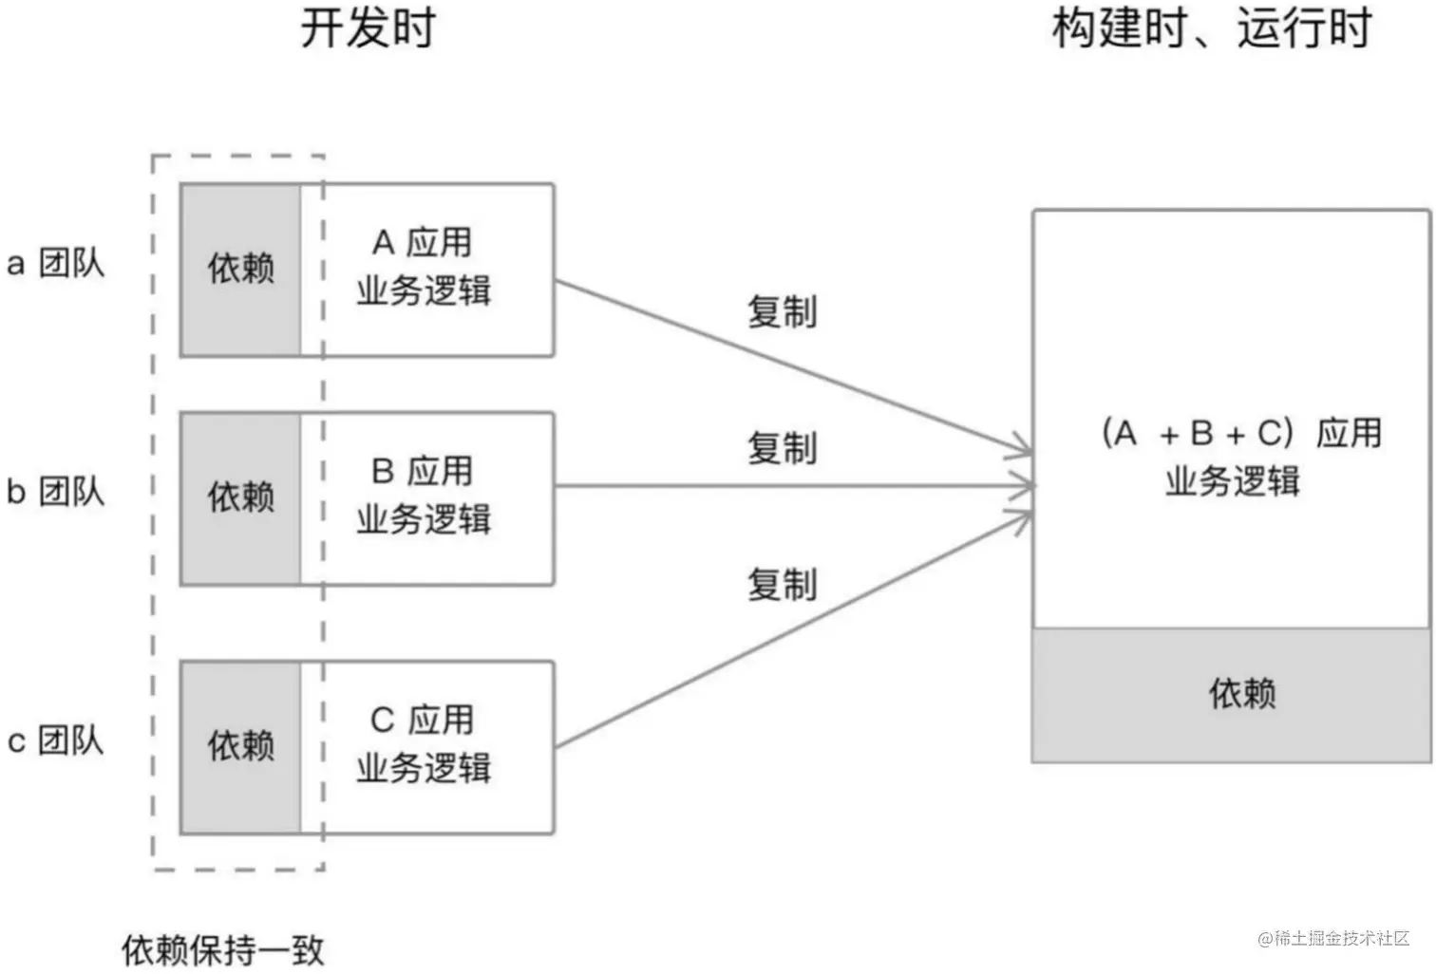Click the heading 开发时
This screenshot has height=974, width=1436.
(x=368, y=28)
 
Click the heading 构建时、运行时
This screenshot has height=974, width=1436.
(x=1211, y=28)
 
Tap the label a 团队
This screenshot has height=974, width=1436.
(x=55, y=263)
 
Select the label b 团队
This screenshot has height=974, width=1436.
(x=55, y=491)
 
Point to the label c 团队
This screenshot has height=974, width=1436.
(x=55, y=740)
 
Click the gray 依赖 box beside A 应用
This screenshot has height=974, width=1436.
(x=240, y=270)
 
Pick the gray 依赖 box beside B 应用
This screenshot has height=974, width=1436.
(x=240, y=497)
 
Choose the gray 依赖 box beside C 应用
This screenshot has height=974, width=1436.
(x=240, y=746)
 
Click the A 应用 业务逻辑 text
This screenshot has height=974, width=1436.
(x=424, y=267)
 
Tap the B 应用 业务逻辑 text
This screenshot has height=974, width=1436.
(x=424, y=495)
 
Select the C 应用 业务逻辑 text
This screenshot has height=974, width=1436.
(x=424, y=743)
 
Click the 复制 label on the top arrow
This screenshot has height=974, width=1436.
(x=782, y=311)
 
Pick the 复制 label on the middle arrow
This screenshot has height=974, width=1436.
(x=782, y=448)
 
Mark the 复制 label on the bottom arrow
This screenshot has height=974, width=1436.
(x=782, y=585)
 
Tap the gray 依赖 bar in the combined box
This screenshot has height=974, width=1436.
(x=1232, y=694)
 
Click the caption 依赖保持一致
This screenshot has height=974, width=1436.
(x=223, y=949)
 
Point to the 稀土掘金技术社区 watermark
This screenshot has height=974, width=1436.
(x=1333, y=938)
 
